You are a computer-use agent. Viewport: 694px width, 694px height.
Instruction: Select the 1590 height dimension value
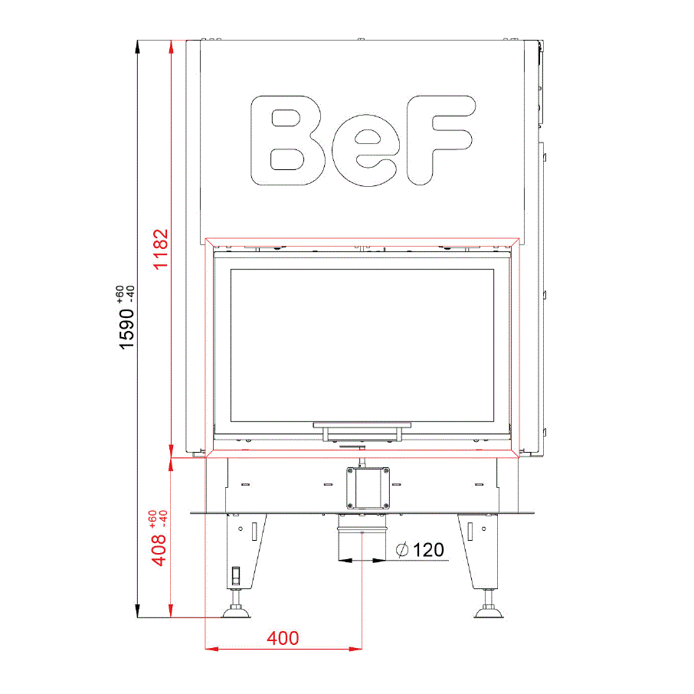(x=126, y=329)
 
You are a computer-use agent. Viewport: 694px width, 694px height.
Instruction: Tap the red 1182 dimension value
(x=161, y=249)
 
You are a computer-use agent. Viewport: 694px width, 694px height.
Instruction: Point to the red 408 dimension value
(x=159, y=550)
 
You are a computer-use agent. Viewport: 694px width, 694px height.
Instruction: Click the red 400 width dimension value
(x=283, y=638)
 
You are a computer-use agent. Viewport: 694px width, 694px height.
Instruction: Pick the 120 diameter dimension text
(x=428, y=550)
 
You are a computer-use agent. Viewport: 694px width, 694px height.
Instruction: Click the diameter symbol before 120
(x=402, y=550)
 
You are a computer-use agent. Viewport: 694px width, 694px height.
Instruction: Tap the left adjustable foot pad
(x=236, y=613)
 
